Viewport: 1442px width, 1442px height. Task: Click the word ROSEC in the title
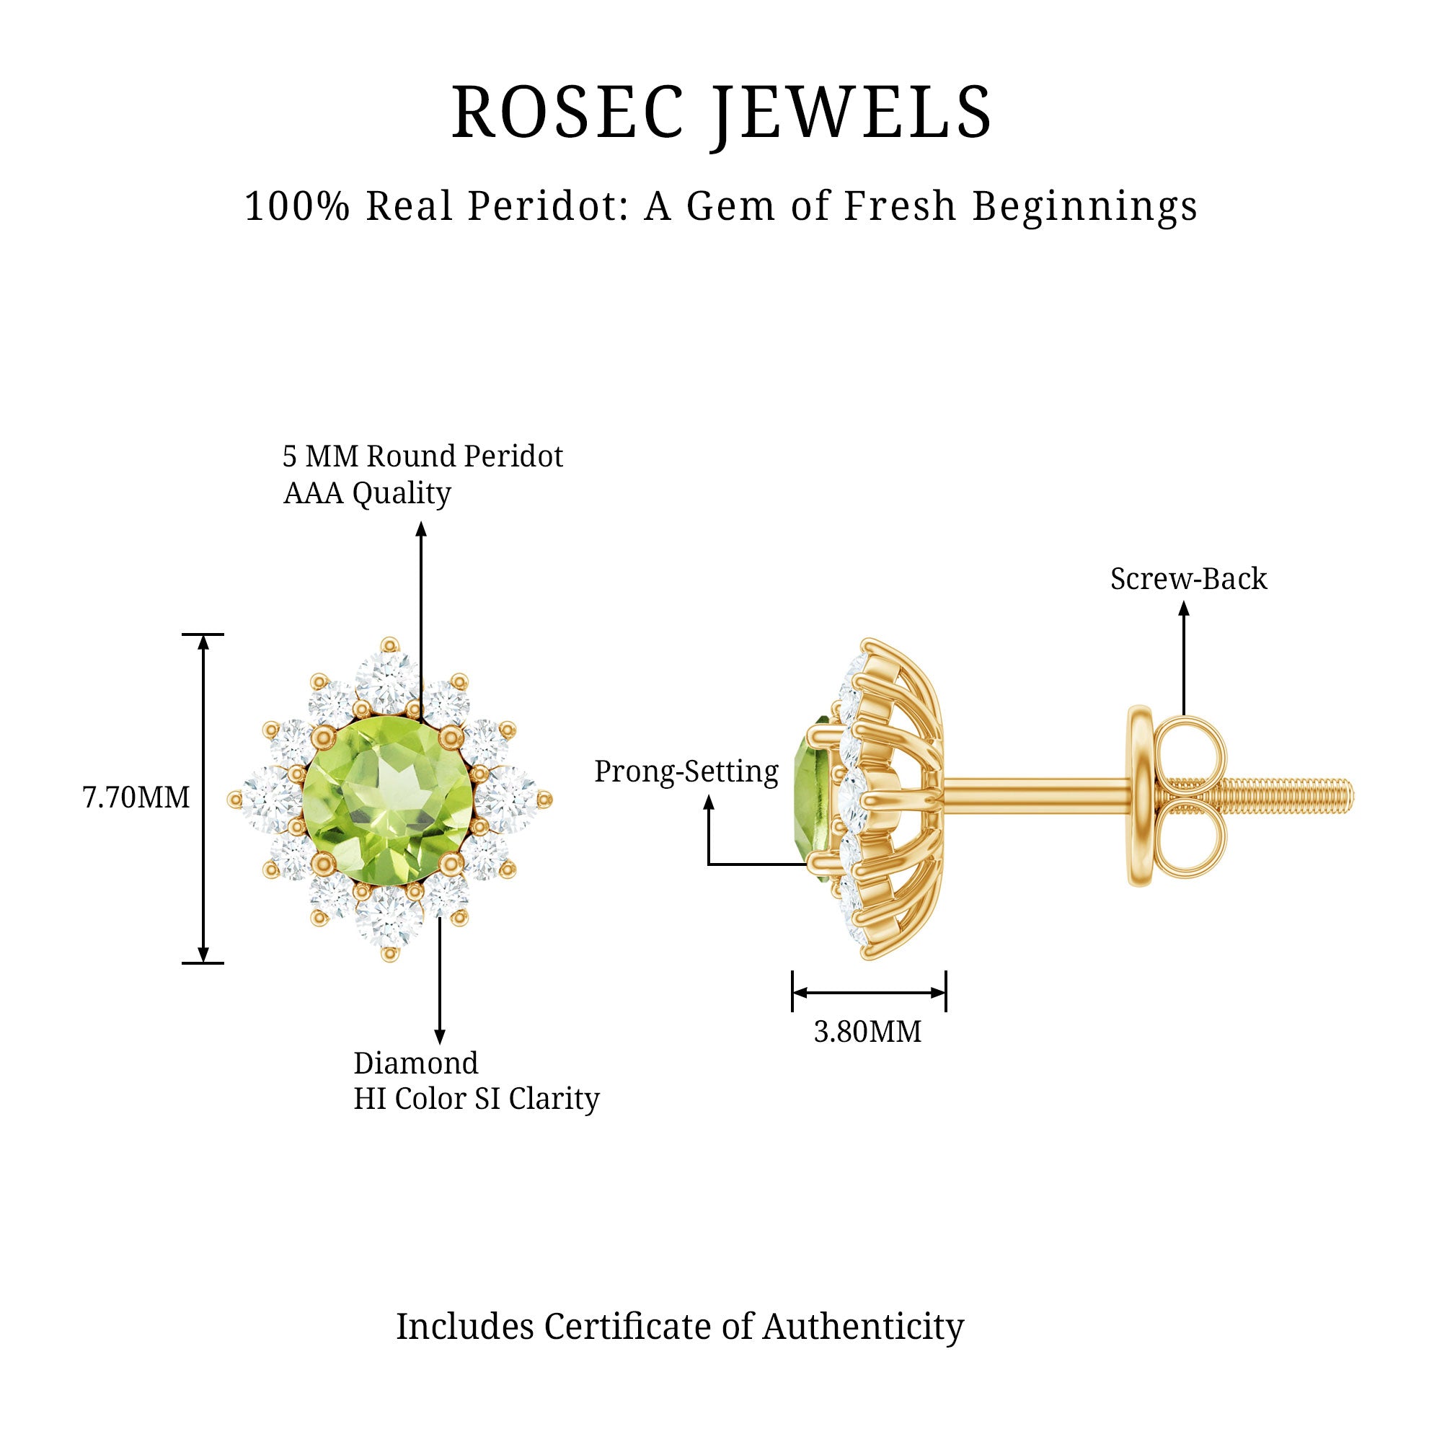[567, 112]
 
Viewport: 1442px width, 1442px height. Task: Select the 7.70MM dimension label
[136, 798]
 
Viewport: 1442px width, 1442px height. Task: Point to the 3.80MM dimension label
[867, 1032]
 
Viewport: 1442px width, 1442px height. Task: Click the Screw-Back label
[1188, 579]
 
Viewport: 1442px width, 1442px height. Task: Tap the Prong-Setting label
[686, 771]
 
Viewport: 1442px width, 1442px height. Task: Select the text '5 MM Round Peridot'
[423, 456]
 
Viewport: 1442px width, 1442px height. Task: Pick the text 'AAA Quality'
[367, 493]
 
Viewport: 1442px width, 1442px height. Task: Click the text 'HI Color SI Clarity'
[476, 1099]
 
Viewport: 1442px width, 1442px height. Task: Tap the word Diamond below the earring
[416, 1063]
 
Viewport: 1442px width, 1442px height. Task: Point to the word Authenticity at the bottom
[863, 1327]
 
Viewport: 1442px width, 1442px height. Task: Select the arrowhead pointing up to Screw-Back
[1184, 609]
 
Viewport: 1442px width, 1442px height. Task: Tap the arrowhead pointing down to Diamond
[440, 1037]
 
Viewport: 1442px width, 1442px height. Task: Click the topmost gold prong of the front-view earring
[389, 645]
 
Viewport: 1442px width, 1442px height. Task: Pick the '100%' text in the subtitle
[297, 207]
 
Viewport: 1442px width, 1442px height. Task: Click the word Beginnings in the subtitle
[1085, 207]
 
